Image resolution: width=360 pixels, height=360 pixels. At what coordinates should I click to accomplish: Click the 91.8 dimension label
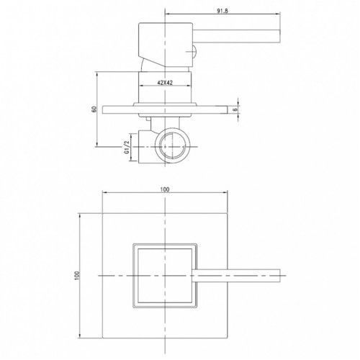pyautogui.click(x=222, y=11)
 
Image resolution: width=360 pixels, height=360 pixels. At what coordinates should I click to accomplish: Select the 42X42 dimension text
pyautogui.click(x=165, y=83)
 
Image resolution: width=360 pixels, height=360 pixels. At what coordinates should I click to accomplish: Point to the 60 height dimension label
pyautogui.click(x=94, y=109)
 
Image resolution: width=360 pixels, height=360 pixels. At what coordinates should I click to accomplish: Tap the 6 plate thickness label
pyautogui.click(x=235, y=109)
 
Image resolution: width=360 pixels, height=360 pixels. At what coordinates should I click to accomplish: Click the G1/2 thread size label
pyautogui.click(x=127, y=147)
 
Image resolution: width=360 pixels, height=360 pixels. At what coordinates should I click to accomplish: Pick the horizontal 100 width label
pyautogui.click(x=165, y=189)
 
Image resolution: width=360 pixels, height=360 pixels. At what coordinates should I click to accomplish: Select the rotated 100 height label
pyautogui.click(x=77, y=276)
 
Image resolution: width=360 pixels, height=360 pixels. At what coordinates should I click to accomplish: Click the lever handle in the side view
pyautogui.click(x=236, y=36)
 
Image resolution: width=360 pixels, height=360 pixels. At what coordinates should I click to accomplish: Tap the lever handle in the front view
pyautogui.click(x=236, y=276)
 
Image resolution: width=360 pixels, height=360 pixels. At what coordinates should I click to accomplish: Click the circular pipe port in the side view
pyautogui.click(x=173, y=145)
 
